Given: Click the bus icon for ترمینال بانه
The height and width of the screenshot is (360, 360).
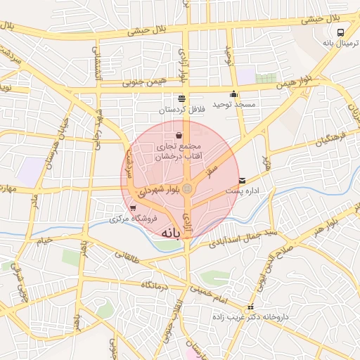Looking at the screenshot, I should pyautogui.click(x=341, y=32).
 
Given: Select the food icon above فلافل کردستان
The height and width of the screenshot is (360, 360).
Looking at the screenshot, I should pyautogui.click(x=182, y=98).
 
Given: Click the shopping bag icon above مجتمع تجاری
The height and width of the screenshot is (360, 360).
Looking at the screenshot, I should pyautogui.click(x=179, y=135).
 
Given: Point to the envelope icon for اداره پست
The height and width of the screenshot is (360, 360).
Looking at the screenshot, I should pyautogui.click(x=243, y=181).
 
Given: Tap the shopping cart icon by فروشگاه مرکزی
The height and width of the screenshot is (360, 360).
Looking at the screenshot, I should pyautogui.click(x=133, y=208).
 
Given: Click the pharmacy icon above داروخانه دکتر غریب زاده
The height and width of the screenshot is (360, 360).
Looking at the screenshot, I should pyautogui.click(x=250, y=308).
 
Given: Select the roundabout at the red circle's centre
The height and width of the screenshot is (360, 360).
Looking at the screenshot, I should pyautogui.click(x=188, y=188).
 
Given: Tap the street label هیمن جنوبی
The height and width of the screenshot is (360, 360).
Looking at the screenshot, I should pyautogui.click(x=143, y=83).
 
